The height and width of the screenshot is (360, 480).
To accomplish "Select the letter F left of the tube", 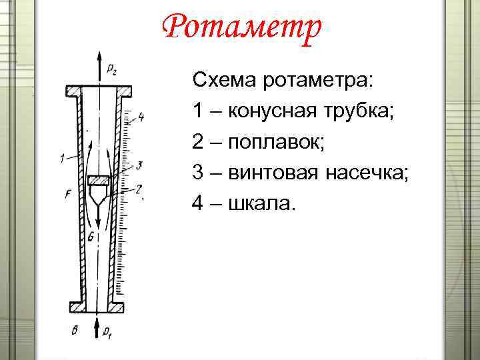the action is coord(68,195).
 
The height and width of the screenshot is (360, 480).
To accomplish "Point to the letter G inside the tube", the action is coord(91,236).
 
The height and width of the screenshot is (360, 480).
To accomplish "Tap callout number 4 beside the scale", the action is coord(141,118).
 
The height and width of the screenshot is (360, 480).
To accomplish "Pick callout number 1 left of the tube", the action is coord(61,159).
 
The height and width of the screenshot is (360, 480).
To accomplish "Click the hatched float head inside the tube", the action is coord(99,181).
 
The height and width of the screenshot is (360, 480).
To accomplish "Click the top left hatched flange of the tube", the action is coord(73,91).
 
